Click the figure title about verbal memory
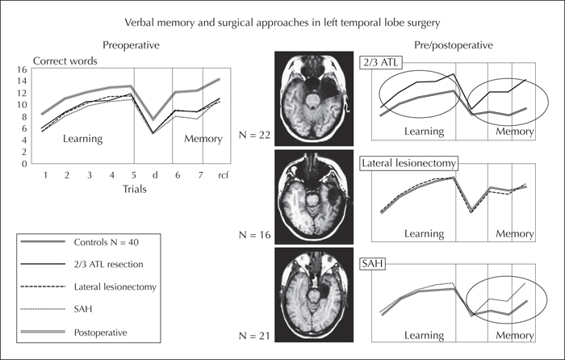282,23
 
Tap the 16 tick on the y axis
22,69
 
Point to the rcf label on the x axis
223,175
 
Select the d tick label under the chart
155,175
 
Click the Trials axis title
135,189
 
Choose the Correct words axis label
65,61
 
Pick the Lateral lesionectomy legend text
115,287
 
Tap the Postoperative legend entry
101,333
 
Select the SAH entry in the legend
83,309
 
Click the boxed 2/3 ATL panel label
380,63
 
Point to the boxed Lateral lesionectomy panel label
408,164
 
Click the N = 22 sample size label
254,135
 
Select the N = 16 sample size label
254,236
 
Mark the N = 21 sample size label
254,337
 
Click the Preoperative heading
131,45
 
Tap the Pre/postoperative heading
454,45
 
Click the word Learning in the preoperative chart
83,139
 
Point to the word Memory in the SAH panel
515,336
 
